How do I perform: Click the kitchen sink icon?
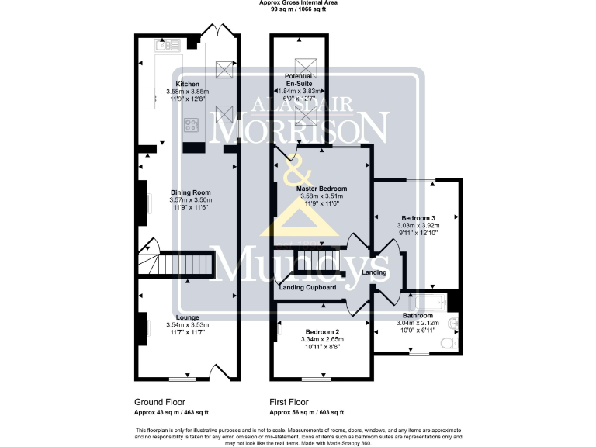[167, 46]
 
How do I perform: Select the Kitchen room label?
[187, 84]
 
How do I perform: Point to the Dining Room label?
[190, 192]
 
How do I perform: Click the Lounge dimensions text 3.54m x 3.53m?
[187, 324]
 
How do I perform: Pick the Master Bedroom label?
[321, 189]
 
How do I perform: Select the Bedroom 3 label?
[418, 218]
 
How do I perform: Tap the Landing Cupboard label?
[307, 287]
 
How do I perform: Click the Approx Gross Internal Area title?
[298, 3]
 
